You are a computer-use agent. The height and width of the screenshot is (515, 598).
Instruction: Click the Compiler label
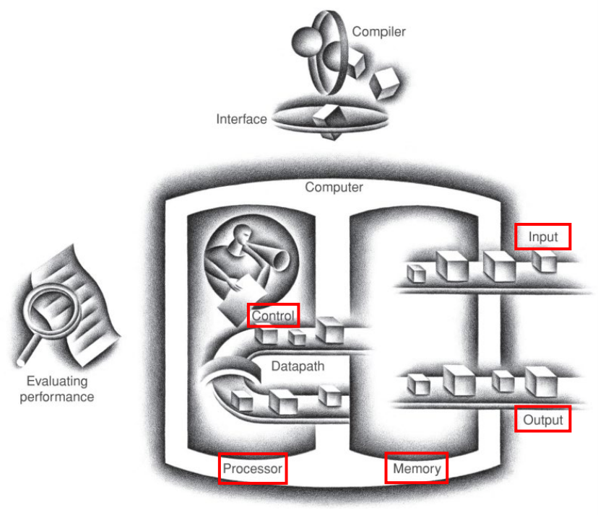[378, 32]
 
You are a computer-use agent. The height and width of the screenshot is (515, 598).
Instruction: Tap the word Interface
[241, 119]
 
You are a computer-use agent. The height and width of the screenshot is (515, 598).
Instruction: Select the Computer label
[334, 188]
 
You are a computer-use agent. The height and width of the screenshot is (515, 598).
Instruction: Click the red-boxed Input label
[543, 237]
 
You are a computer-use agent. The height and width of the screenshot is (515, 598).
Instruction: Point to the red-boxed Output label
[543, 419]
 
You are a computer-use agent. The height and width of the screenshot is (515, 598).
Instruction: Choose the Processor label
[252, 469]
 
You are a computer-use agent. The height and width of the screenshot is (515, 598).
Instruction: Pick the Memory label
[417, 469]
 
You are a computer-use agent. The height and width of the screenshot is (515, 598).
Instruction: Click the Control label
[272, 316]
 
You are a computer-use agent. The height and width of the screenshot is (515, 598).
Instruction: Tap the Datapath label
[298, 366]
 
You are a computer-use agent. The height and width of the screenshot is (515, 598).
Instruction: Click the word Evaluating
[56, 382]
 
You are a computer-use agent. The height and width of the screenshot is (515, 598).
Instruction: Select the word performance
[56, 397]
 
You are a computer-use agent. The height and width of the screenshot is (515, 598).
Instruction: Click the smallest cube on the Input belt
[416, 273]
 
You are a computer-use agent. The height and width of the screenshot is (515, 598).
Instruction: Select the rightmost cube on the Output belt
[541, 382]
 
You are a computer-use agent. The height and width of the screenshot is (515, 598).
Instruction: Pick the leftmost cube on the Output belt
[417, 384]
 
